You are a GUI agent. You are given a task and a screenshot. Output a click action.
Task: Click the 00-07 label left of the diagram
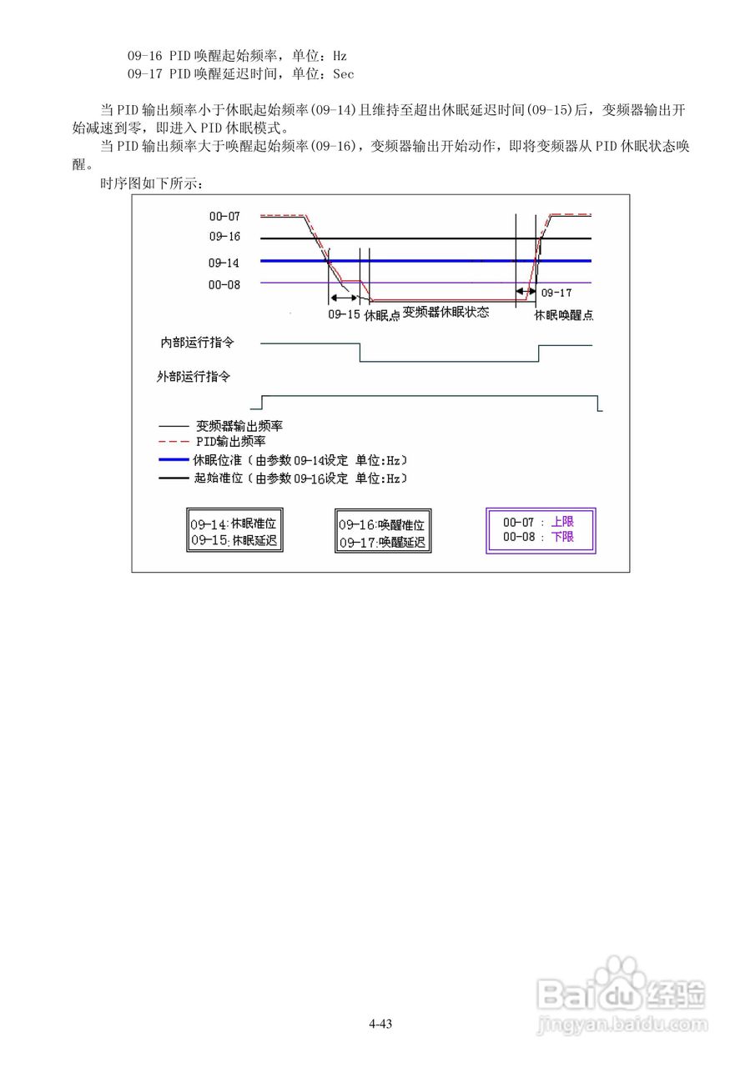pyautogui.click(x=224, y=216)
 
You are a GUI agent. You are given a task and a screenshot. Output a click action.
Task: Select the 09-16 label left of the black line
pyautogui.click(x=224, y=237)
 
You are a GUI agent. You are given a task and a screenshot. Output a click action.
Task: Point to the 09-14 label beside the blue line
pyautogui.click(x=224, y=263)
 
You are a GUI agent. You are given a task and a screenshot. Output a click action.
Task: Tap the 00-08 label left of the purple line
pyautogui.click(x=224, y=284)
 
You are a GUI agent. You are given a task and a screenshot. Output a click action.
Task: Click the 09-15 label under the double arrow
pyautogui.click(x=343, y=315)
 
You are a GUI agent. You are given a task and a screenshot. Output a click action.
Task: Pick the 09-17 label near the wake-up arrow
pyautogui.click(x=556, y=293)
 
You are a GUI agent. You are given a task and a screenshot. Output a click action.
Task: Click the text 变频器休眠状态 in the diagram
pyautogui.click(x=445, y=313)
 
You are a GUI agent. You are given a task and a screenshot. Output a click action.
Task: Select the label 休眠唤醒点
pyautogui.click(x=564, y=316)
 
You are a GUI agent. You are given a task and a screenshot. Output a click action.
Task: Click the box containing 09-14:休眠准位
pyautogui.click(x=235, y=532)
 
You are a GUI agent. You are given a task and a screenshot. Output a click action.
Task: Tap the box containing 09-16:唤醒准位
pyautogui.click(x=382, y=533)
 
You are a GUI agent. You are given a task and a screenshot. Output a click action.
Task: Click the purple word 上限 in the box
pyautogui.click(x=562, y=522)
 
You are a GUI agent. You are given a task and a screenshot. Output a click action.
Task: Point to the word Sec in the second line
pyautogui.click(x=343, y=74)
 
